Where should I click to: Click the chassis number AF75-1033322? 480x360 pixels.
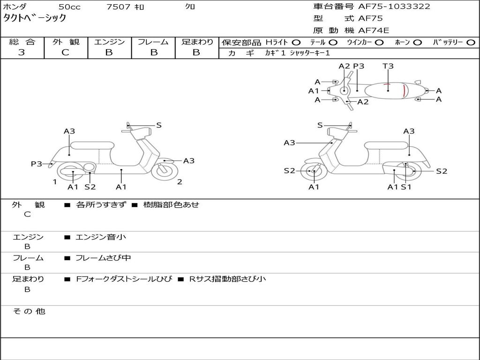(394, 6)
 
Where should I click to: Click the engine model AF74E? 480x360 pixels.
(374, 30)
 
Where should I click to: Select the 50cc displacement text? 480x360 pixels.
(69, 7)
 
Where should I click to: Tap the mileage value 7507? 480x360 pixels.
(118, 7)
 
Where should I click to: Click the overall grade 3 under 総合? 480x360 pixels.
(22, 52)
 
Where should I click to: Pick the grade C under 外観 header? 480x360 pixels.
(65, 52)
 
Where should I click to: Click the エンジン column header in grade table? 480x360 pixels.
(109, 42)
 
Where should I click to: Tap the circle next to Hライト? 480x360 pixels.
(296, 43)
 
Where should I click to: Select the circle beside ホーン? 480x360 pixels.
(418, 43)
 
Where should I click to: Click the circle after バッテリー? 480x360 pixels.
(471, 43)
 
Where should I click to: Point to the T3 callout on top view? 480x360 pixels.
(388, 66)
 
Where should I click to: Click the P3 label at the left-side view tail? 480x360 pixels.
(37, 164)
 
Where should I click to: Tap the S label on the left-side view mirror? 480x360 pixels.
(158, 125)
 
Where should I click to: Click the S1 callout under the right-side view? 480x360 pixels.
(406, 187)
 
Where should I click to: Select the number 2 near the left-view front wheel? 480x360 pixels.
(180, 182)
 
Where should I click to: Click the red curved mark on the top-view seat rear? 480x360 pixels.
(405, 91)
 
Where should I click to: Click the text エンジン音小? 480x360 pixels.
(101, 237)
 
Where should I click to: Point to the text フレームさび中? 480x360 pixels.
(103, 258)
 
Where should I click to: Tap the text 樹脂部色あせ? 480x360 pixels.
(171, 204)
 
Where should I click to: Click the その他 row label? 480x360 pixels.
(29, 311)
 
